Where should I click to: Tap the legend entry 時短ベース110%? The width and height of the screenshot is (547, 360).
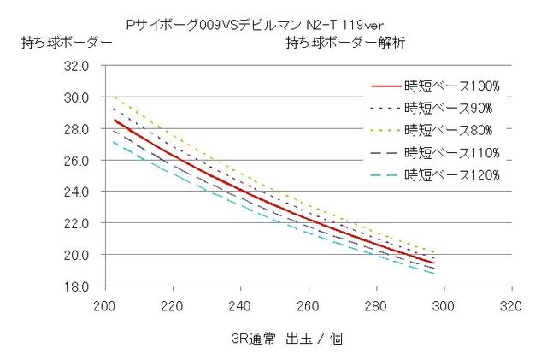coord(451,153)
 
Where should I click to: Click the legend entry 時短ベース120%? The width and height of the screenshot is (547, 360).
coord(451,175)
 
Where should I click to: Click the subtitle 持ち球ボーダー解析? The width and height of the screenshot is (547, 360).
coord(345,42)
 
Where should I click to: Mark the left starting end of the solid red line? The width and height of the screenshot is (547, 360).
coord(115,120)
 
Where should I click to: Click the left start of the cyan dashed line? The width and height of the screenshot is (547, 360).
coord(115,142)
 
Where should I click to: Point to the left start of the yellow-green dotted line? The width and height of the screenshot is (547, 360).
coord(115,97)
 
